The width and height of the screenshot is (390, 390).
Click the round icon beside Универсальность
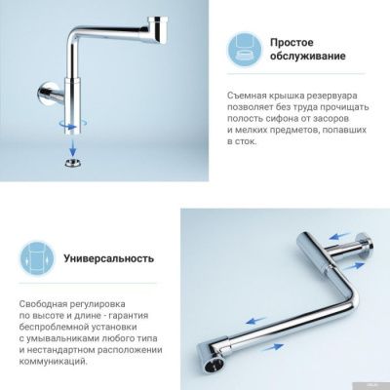click(x=33, y=260)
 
